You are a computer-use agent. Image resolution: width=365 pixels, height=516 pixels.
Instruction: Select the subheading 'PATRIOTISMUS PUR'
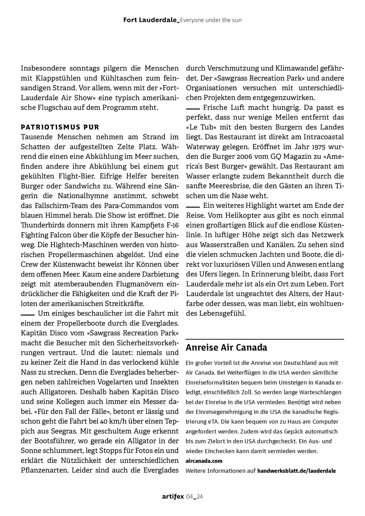[x=60, y=127]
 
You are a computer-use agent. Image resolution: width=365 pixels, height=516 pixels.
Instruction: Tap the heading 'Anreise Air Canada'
[x=226, y=348]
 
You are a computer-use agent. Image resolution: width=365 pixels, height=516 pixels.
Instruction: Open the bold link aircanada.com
[x=204, y=461]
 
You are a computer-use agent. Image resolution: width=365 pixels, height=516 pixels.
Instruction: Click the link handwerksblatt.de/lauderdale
[x=296, y=471]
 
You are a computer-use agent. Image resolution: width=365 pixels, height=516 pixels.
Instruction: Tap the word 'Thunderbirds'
[x=39, y=225]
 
